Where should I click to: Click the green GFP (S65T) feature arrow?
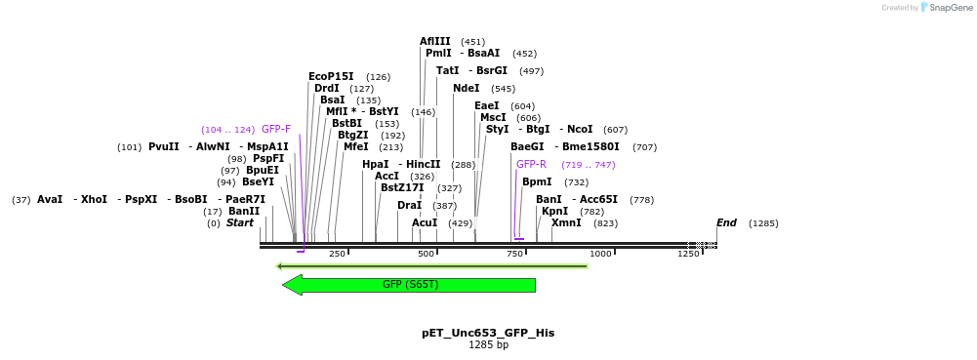pos(409,285)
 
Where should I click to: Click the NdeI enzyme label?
pos(466,89)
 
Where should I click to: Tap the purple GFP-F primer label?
pos(276,129)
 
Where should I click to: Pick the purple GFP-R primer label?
pos(531,164)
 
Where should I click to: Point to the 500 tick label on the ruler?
pos(426,254)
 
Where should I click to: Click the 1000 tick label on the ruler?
pos(599,254)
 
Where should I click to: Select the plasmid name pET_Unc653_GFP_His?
pos(488,333)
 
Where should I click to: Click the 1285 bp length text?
pos(488,345)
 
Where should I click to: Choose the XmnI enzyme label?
pos(566,223)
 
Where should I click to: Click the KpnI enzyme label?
pos(554,211)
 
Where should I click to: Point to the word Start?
pos(239,223)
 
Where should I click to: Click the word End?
pos(726,223)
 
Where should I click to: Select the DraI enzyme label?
pos(409,206)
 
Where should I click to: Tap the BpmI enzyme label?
pos(537,181)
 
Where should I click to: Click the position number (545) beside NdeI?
pos(503,89)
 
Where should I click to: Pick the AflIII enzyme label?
pos(435,42)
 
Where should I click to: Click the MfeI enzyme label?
pos(355,147)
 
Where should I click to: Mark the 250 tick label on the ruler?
pos(337,254)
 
